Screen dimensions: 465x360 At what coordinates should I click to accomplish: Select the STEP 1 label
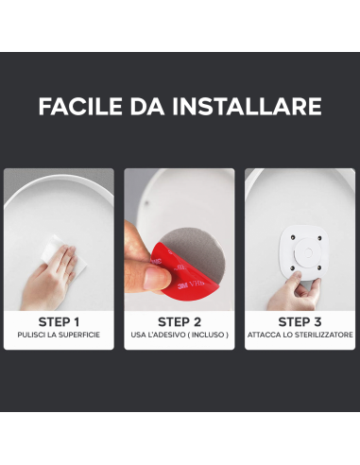click(59, 321)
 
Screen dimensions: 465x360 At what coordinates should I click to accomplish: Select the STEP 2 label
click(180, 321)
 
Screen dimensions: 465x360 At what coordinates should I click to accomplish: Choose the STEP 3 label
click(300, 321)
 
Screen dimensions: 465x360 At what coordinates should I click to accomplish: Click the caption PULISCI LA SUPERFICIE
click(59, 336)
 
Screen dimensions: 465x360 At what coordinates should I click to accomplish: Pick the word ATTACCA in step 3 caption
click(266, 336)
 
